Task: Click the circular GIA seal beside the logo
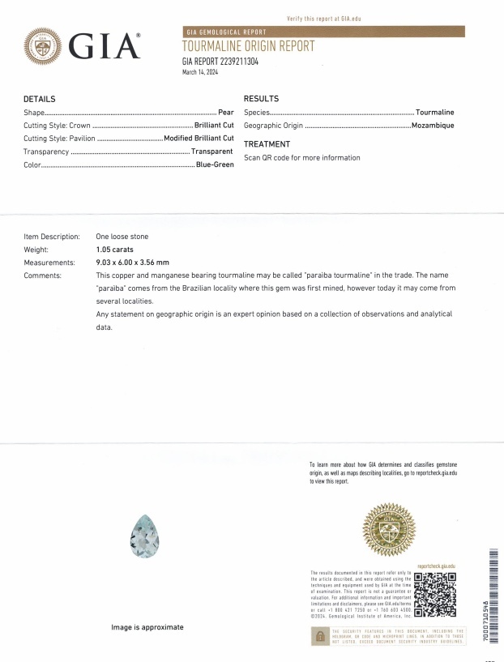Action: (x=44, y=47)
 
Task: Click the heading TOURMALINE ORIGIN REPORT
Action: (x=248, y=46)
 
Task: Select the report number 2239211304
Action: (x=220, y=62)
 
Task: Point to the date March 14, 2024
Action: (x=200, y=72)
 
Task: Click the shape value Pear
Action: (x=226, y=112)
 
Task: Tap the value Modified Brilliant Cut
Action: (x=199, y=138)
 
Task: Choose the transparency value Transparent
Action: (x=212, y=152)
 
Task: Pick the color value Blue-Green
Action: (x=215, y=164)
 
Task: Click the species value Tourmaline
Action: (x=435, y=112)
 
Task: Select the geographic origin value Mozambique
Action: (x=433, y=126)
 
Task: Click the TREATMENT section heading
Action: (x=267, y=143)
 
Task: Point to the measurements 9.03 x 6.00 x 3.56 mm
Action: (x=132, y=263)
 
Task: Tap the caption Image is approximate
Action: (x=147, y=627)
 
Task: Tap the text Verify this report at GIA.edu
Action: (x=323, y=18)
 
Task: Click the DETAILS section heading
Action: (x=40, y=98)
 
